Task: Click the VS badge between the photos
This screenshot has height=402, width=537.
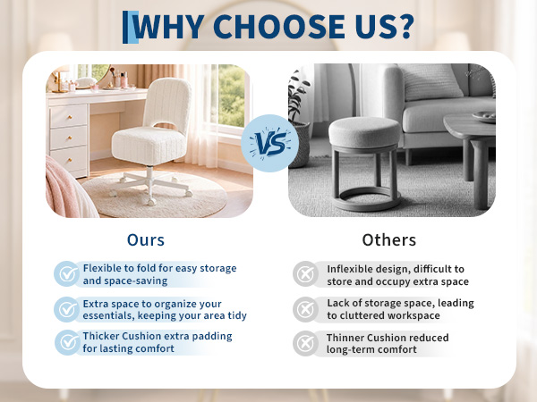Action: [269, 143]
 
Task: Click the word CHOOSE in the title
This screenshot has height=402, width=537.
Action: [278, 26]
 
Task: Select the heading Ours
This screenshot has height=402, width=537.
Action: [146, 240]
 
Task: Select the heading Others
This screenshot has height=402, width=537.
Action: [389, 240]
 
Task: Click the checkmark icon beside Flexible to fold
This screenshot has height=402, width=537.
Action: [67, 274]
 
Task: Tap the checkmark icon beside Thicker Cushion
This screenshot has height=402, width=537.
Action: [67, 342]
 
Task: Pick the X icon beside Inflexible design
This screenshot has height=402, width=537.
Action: [305, 274]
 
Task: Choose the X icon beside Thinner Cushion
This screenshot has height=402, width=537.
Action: [305, 343]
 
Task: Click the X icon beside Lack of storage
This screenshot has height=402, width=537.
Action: [305, 309]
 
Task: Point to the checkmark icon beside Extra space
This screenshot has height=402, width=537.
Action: [67, 309]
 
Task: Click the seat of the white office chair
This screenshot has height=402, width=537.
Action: [149, 146]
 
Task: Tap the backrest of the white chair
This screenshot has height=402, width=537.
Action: [167, 103]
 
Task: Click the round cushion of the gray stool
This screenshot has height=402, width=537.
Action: [364, 132]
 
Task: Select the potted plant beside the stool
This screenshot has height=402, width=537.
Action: [298, 120]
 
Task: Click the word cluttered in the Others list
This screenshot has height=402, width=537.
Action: [365, 315]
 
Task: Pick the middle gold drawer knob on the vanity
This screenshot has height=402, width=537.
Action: [70, 138]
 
